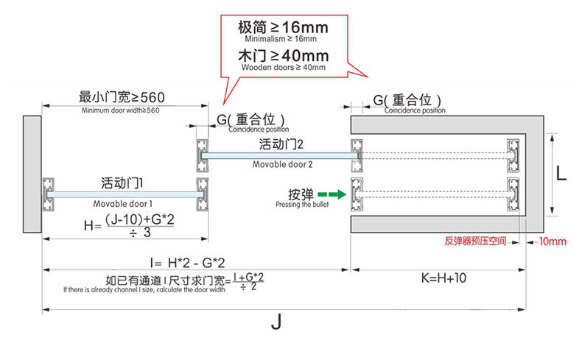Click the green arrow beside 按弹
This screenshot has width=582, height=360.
[x=335, y=195]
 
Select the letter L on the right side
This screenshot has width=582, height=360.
[x=561, y=174]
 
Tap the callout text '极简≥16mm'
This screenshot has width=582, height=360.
[x=282, y=27]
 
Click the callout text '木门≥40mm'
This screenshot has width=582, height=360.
[x=282, y=56]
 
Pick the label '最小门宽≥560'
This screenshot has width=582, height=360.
[x=122, y=97]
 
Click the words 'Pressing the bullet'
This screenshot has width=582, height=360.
[x=294, y=205]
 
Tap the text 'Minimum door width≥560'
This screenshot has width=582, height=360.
[x=121, y=110]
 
